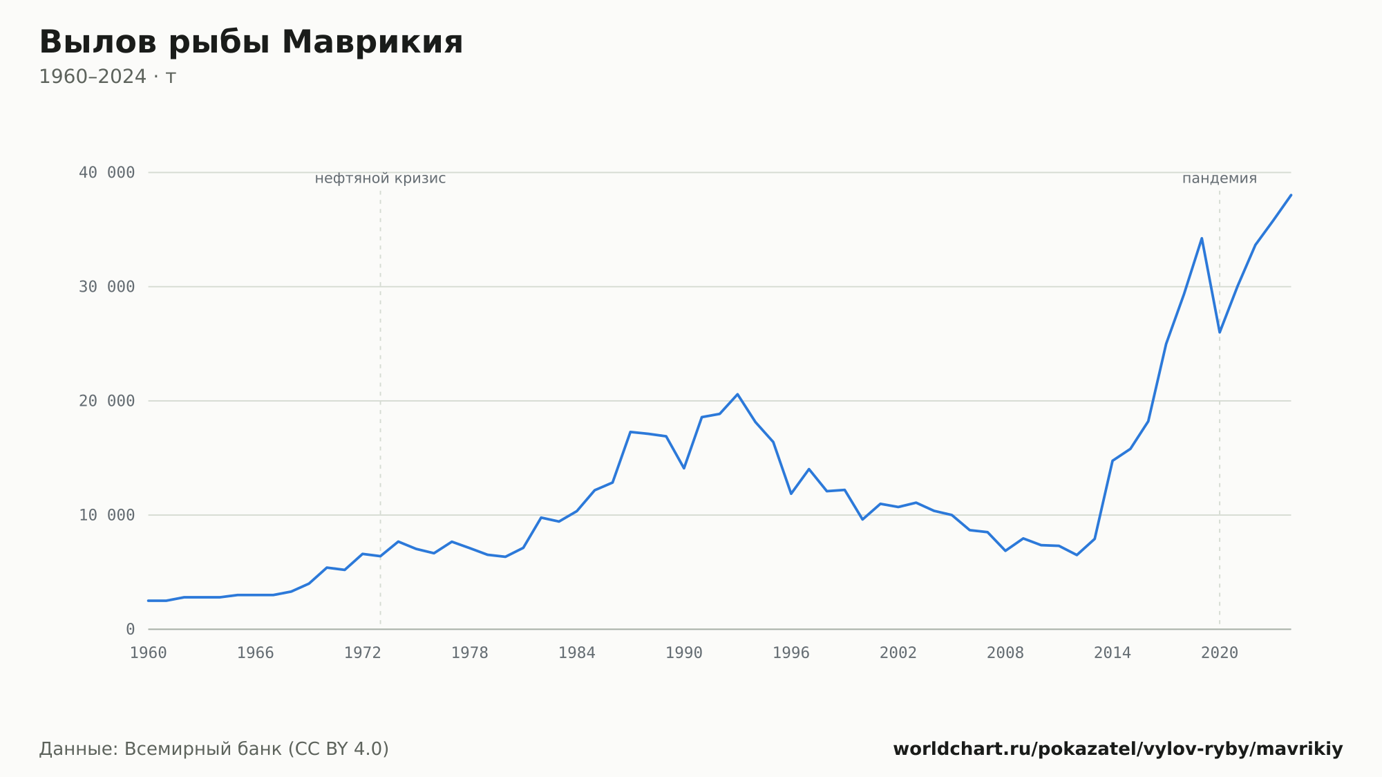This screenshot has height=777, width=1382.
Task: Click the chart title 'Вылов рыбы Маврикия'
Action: click(x=251, y=43)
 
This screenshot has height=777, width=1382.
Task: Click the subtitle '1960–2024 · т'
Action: click(x=107, y=77)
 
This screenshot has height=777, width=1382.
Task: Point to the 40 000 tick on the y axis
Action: click(x=106, y=173)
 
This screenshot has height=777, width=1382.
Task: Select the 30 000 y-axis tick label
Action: click(x=106, y=287)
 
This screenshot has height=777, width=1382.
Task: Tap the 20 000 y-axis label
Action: click(x=106, y=401)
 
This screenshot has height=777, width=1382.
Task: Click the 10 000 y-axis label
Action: click(x=106, y=515)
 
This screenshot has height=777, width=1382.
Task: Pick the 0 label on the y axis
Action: click(x=131, y=630)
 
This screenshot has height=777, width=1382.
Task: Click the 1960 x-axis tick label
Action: click(x=149, y=653)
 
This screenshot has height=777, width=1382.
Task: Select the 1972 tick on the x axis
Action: click(x=363, y=653)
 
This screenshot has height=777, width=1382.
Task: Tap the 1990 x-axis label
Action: click(x=684, y=653)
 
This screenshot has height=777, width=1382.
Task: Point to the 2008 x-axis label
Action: click(x=1005, y=653)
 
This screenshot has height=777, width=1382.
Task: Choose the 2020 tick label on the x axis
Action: click(x=1220, y=653)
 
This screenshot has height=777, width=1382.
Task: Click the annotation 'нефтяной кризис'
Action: click(x=380, y=179)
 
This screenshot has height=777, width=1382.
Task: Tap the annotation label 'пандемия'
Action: click(x=1220, y=179)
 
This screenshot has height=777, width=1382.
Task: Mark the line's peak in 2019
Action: click(x=1202, y=238)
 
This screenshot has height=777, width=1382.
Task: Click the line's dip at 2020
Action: click(x=1220, y=332)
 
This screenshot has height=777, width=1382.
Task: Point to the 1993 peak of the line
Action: click(x=737, y=394)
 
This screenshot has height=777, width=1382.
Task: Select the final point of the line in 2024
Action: click(x=1291, y=195)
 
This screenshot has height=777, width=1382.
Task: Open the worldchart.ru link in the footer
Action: click(x=1118, y=749)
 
